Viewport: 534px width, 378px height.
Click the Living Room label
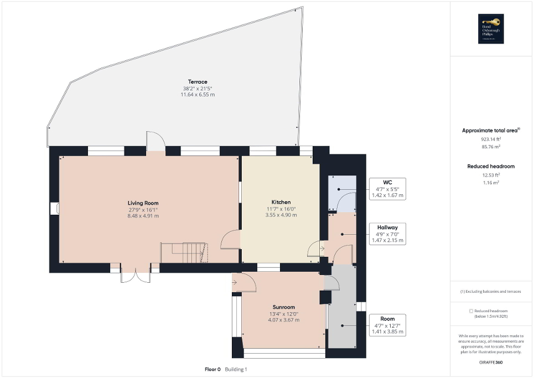tap(143, 203)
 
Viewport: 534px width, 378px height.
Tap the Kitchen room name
tap(281, 202)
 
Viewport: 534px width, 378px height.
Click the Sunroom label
tap(283, 307)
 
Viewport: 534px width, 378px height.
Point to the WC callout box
tap(387, 189)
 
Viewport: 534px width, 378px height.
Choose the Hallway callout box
tap(387, 234)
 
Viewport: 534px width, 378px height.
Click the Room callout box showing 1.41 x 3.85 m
tap(387, 325)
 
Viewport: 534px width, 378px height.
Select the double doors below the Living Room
tap(134, 275)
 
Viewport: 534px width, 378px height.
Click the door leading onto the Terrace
tap(155, 142)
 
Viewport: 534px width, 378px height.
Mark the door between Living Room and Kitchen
tap(230, 239)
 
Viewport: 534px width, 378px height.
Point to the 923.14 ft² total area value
tap(491, 141)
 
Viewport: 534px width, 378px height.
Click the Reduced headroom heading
tap(491, 166)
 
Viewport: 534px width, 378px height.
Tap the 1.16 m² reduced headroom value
tap(491, 182)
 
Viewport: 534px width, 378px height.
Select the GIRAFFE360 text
tap(491, 363)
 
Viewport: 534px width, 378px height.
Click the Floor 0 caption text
tap(212, 369)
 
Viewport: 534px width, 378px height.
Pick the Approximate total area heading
tap(491, 131)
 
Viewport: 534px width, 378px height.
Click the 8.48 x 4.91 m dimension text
tap(143, 216)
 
